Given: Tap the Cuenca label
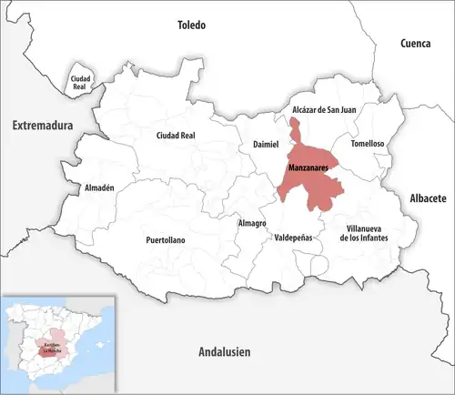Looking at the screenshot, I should tap(419, 43).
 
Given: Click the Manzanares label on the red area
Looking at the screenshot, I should tap(308, 169).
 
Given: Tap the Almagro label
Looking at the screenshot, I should tap(252, 223).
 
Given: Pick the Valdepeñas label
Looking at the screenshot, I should tap(293, 236).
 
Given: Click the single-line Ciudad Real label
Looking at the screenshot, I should tap(177, 136).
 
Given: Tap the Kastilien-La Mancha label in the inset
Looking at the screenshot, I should tap(51, 347).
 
